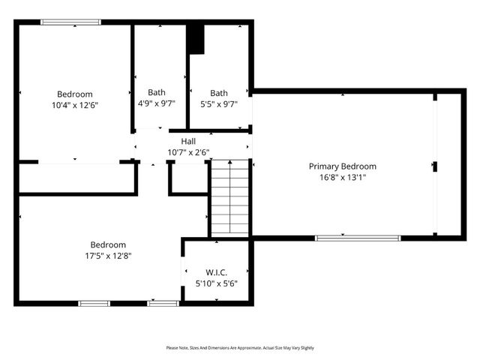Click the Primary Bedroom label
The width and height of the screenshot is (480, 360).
pyautogui.click(x=343, y=166)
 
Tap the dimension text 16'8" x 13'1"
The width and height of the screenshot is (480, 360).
pyautogui.click(x=343, y=178)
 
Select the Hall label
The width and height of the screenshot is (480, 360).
pyautogui.click(x=188, y=141)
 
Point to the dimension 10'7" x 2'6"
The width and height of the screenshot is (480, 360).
pyautogui.click(x=188, y=152)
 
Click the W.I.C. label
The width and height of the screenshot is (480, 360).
pyautogui.click(x=216, y=273)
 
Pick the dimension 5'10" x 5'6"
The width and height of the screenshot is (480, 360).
pyautogui.click(x=216, y=284)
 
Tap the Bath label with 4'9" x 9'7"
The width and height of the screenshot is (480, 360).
pyautogui.click(x=157, y=93)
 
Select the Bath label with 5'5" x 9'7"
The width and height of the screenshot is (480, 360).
pyautogui.click(x=219, y=93)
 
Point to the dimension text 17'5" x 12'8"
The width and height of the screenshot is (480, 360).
pyautogui.click(x=108, y=256)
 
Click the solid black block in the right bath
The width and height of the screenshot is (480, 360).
pyautogui.click(x=196, y=39)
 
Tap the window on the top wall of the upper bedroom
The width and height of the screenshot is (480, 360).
pyautogui.click(x=70, y=22)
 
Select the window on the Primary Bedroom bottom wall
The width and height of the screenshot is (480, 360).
pyautogui.click(x=358, y=238)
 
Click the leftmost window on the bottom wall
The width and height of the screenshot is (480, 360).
pyautogui.click(x=94, y=303)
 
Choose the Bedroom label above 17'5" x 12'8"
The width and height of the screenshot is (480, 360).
pyautogui.click(x=108, y=244)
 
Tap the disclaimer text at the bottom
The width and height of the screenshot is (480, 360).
pyautogui.click(x=240, y=348)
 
